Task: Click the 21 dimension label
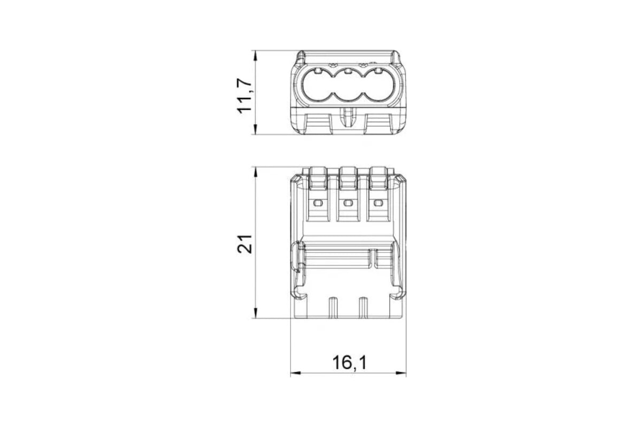click(x=244, y=244)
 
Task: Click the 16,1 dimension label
click(x=349, y=362)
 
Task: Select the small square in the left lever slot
click(x=318, y=203)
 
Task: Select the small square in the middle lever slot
click(x=348, y=203)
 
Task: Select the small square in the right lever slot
click(x=378, y=203)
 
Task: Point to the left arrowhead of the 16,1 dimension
click(x=295, y=373)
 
